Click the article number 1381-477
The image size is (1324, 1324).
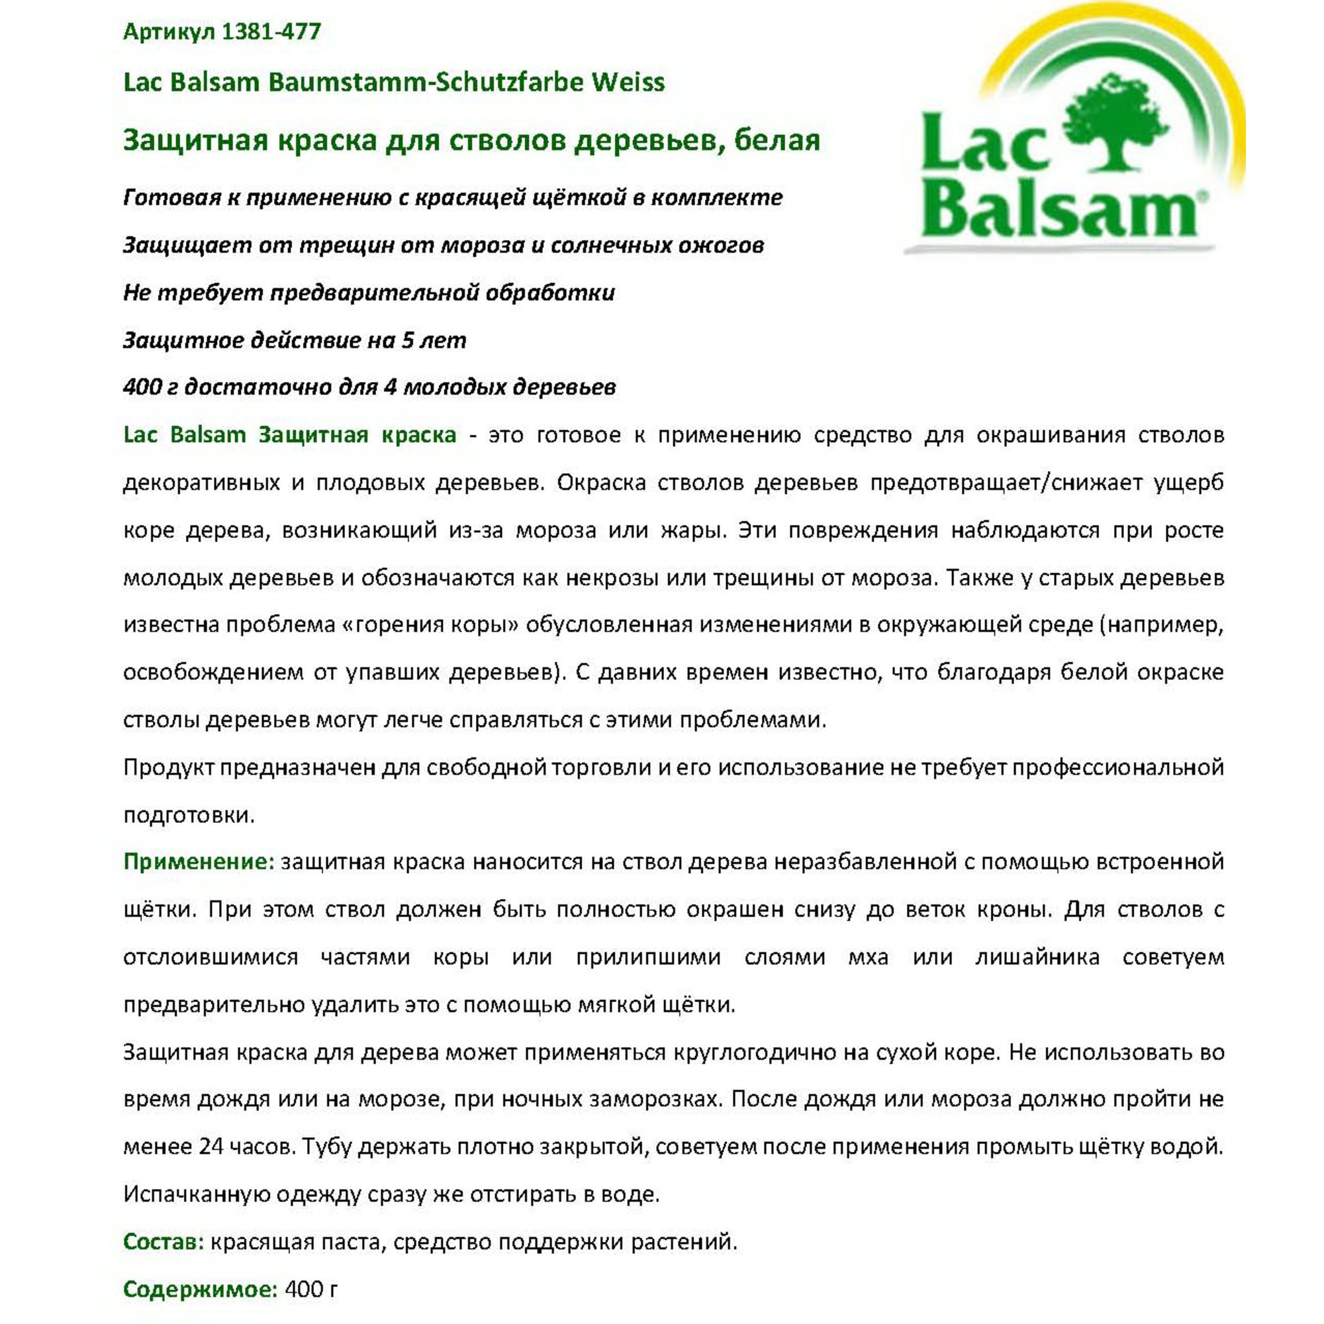coord(272,32)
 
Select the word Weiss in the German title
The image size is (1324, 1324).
coord(628,82)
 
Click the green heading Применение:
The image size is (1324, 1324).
coord(199,861)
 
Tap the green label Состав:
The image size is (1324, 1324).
coord(164,1241)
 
